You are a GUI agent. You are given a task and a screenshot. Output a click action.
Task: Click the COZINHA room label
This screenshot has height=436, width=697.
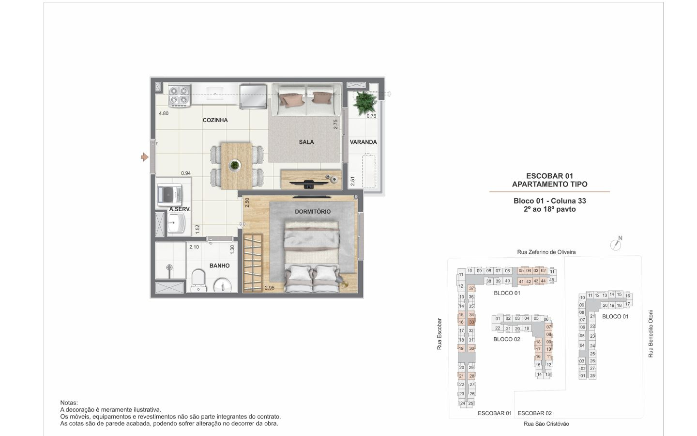215,120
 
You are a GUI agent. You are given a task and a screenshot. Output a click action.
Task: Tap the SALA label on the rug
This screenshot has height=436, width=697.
306,142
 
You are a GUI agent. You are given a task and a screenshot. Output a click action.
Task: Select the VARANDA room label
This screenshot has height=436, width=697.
363,142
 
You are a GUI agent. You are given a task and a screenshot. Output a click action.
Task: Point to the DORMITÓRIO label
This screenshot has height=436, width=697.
313,212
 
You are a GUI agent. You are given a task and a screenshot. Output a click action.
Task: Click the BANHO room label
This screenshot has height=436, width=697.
219,265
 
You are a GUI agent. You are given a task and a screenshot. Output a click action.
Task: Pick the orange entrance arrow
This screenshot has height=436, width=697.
144,157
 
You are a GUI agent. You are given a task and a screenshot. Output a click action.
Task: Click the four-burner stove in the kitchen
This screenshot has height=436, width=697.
179,95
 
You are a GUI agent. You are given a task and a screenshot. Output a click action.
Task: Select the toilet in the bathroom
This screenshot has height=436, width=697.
198,281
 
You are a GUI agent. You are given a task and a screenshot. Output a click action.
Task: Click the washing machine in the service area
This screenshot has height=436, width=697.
169,195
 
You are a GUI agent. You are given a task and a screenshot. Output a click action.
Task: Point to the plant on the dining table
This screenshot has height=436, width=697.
235,165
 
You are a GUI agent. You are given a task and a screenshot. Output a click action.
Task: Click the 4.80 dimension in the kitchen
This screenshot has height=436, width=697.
164,114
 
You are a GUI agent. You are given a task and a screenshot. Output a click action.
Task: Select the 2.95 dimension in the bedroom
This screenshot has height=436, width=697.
270,288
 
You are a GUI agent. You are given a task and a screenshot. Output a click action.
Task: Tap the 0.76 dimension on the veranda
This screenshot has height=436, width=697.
371,116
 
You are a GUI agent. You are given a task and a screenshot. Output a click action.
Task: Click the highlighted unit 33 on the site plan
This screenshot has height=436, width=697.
471,322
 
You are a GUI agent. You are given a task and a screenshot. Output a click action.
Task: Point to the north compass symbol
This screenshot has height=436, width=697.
616,244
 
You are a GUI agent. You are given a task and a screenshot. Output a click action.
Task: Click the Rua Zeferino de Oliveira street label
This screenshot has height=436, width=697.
546,252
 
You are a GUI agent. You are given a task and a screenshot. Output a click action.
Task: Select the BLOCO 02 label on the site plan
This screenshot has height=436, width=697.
507,339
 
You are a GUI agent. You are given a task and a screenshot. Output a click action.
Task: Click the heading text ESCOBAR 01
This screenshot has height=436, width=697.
549,176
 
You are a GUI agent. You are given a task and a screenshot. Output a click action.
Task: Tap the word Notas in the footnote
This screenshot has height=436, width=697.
69,403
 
